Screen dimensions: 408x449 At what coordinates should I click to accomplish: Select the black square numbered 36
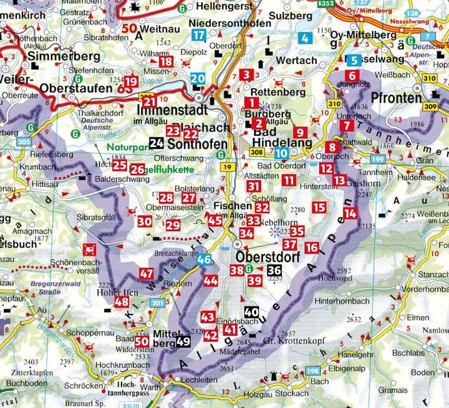[274, 270]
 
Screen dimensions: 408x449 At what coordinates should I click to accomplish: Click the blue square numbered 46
[203, 261]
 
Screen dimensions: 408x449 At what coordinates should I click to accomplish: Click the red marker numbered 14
[350, 213]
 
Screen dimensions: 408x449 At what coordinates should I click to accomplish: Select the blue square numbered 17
[199, 35]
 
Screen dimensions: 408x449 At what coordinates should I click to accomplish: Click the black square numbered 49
[183, 341]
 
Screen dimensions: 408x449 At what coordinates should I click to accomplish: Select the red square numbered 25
[120, 165]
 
